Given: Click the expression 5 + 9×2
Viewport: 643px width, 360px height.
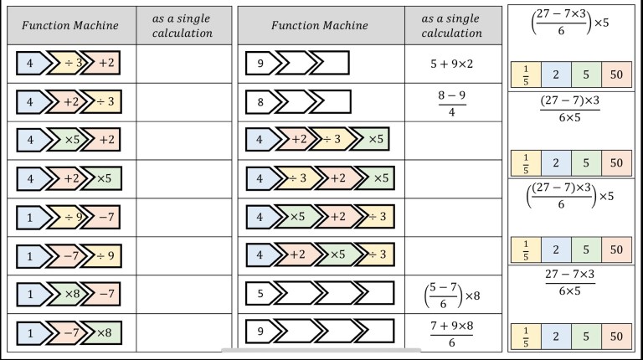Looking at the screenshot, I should click(x=452, y=63).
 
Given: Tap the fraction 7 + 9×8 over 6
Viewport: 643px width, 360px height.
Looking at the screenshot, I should click(x=452, y=333).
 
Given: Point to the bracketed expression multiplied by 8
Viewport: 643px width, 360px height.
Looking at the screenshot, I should click(x=452, y=295).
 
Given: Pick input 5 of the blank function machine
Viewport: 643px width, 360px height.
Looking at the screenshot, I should click(x=260, y=293).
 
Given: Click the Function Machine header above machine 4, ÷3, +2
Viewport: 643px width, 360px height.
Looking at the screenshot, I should click(x=70, y=26).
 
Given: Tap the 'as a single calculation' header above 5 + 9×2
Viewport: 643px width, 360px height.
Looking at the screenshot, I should click(x=452, y=26).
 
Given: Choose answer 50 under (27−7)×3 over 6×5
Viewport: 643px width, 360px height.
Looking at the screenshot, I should click(x=616, y=162).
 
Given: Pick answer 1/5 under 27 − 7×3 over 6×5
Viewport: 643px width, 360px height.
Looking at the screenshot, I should click(x=525, y=337).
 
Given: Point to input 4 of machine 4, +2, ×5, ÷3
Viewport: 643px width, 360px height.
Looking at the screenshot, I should click(x=259, y=255).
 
